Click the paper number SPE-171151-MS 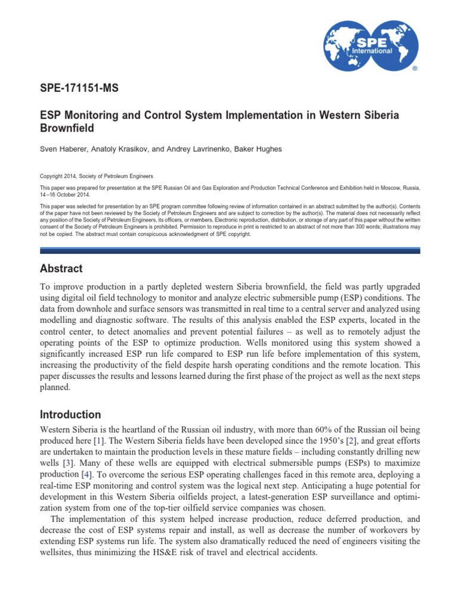79,88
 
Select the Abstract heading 61,269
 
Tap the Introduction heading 70,415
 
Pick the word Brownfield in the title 67,127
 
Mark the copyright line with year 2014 96,176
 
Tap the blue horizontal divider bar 229,251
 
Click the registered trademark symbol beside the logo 415,69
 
